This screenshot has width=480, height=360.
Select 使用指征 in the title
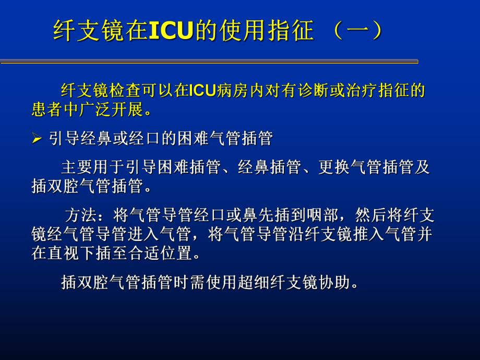263,31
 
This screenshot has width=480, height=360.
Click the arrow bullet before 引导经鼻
37,139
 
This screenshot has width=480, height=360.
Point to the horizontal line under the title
209,62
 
